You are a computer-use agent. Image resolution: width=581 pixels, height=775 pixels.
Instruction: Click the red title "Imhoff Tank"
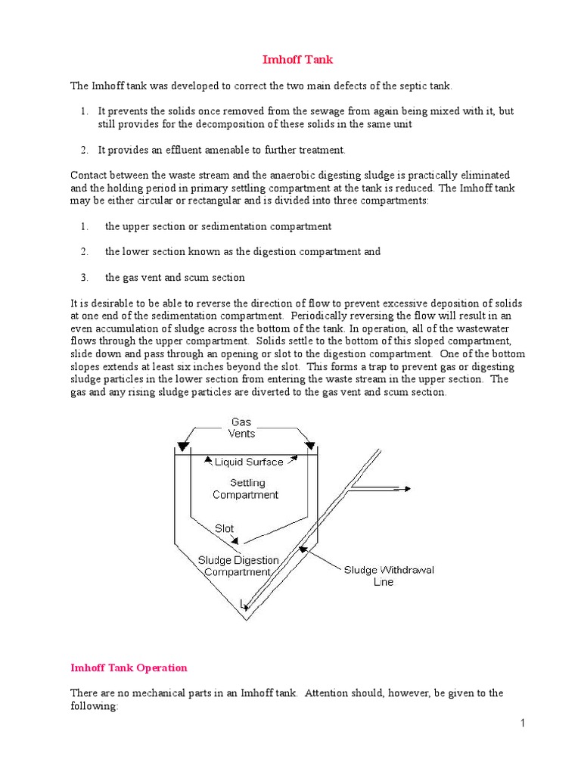coord(291,59)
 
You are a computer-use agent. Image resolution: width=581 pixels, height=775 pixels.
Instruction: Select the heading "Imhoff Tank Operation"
coord(129,668)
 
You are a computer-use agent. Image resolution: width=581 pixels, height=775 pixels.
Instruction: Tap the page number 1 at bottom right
coord(522,724)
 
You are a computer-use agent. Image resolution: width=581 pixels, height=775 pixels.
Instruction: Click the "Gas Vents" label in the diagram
coord(241,428)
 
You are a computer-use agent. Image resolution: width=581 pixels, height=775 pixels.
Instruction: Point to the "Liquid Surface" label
coord(249,462)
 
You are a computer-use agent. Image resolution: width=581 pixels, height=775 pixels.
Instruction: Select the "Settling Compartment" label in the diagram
coord(245,489)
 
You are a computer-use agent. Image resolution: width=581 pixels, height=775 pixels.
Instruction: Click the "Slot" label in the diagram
coord(224,529)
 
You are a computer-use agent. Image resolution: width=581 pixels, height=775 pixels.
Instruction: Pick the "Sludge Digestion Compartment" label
coord(238,566)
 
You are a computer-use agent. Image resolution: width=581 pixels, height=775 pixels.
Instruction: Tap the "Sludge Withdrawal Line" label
coord(389,576)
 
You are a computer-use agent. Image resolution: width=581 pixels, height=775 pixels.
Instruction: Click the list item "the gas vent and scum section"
coord(175,277)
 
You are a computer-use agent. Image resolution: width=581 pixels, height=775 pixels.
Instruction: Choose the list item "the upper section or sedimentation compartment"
coord(218,226)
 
